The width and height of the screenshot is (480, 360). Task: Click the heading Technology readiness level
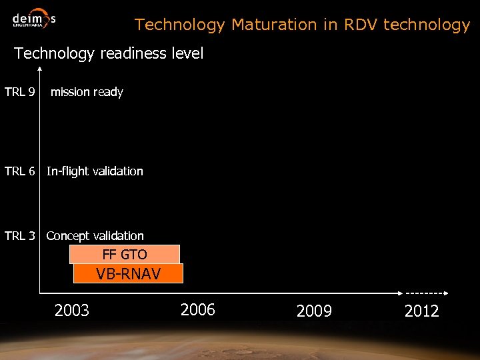click(x=109, y=54)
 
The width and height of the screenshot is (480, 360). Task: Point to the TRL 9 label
click(x=19, y=92)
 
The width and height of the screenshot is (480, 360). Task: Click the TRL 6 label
click(x=19, y=171)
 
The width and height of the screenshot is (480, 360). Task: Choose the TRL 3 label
click(x=19, y=236)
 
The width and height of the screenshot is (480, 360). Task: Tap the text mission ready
click(x=87, y=92)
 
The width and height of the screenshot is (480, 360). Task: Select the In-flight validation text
click(x=95, y=171)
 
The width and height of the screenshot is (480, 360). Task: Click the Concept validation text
click(x=95, y=236)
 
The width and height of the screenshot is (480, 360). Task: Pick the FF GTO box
click(x=125, y=254)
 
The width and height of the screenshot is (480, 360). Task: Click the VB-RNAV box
click(x=128, y=273)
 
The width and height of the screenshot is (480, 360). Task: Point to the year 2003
click(x=72, y=310)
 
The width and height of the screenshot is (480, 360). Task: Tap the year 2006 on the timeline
click(x=198, y=309)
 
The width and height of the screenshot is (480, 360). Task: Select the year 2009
click(x=314, y=311)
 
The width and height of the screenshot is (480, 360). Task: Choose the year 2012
click(x=421, y=311)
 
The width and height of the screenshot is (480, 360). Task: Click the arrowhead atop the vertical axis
click(x=40, y=69)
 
